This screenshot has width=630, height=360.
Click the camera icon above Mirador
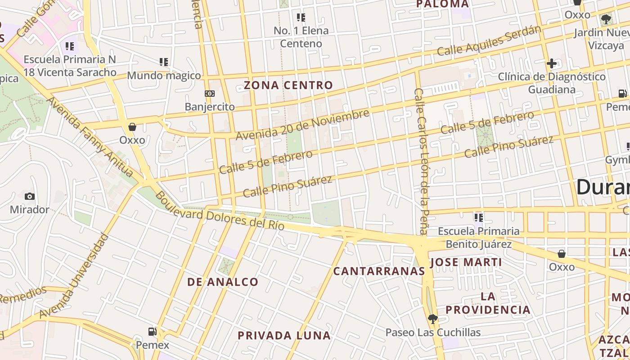coord(30,196)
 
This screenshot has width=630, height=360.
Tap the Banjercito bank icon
coord(210,94)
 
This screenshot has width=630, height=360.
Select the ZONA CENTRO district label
coord(288,85)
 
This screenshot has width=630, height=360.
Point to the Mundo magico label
coord(164,75)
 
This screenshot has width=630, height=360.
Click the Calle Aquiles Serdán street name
coord(489,41)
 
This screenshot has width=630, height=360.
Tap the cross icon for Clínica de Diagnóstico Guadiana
coord(552,63)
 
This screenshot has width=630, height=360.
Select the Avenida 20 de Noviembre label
coord(302,124)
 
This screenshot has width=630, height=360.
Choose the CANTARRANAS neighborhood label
coord(379,271)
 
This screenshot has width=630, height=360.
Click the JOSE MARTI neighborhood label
coord(466,262)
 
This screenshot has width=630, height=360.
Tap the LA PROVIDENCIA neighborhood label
coord(488,303)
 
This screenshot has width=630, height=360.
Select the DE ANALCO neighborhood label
coord(223,282)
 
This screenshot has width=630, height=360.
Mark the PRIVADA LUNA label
coord(284,335)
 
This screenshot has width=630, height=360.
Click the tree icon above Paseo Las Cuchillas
coord(433,319)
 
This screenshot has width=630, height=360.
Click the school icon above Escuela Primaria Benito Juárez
coord(479,218)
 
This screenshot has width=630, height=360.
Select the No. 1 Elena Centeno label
coord(301,37)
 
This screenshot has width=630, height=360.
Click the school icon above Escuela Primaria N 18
coord(70,46)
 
